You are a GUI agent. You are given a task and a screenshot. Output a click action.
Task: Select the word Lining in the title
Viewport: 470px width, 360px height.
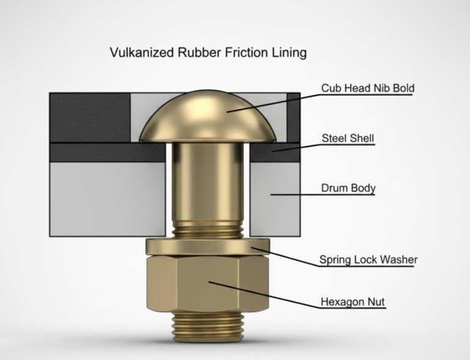click(289, 53)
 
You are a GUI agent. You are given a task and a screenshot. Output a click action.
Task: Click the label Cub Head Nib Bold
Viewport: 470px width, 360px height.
click(368, 89)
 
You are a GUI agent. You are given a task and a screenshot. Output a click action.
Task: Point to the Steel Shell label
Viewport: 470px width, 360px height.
click(348, 139)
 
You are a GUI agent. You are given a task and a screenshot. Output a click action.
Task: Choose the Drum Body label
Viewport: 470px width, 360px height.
click(348, 188)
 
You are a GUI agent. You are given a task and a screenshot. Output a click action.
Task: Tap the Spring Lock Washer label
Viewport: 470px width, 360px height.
click(368, 260)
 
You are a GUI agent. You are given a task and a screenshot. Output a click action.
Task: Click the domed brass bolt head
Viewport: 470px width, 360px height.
click(208, 116)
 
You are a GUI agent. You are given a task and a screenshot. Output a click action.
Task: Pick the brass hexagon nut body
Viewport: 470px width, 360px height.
click(208, 285)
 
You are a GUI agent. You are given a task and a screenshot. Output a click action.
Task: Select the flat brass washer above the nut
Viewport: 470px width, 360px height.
click(208, 246)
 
